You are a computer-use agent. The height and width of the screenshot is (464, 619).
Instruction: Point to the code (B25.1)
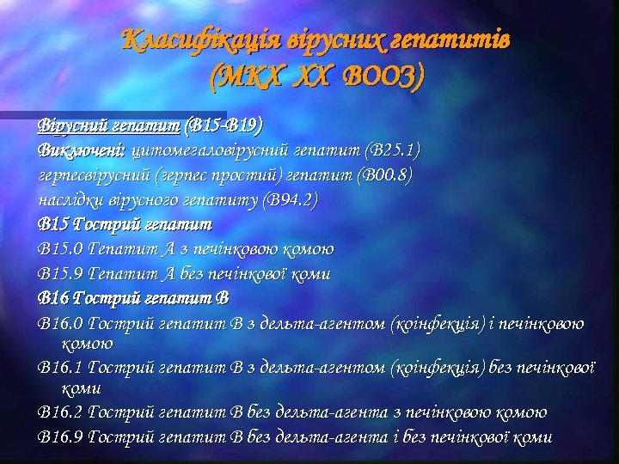[392, 150]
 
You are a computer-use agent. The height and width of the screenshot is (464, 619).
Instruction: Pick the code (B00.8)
[383, 175]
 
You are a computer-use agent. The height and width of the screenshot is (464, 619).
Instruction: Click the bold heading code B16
[53, 299]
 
